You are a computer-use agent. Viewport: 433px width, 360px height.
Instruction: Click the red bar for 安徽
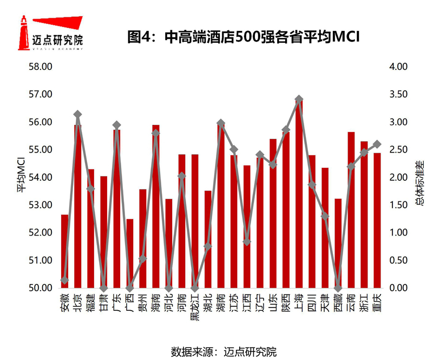click(x=65, y=251)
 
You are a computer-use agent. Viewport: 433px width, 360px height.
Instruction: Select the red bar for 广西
click(x=130, y=253)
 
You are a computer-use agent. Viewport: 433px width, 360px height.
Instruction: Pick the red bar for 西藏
click(x=338, y=243)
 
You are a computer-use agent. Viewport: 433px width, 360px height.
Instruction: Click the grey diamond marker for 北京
click(x=78, y=114)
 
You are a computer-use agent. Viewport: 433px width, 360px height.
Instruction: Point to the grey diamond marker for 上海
click(x=299, y=100)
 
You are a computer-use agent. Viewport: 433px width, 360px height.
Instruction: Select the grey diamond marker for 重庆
click(x=377, y=144)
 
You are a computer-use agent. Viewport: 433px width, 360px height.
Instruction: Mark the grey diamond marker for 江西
click(x=247, y=241)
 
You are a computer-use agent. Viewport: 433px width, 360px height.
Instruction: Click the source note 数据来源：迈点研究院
click(x=224, y=351)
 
